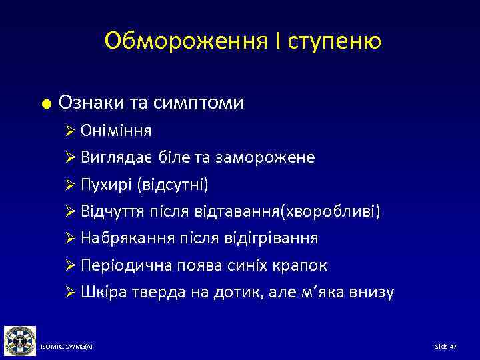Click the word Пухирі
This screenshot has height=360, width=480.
(x=107, y=184)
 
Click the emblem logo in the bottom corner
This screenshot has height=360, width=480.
(x=20, y=341)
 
